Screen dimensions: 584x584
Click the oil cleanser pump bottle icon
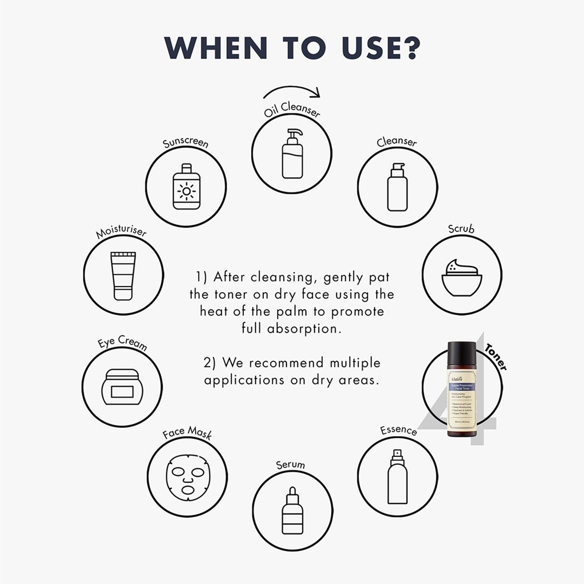point(292,154)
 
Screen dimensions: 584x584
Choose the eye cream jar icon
point(122,387)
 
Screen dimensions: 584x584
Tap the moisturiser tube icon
point(123,276)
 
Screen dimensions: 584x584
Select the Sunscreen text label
point(186,143)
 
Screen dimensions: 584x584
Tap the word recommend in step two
point(286,363)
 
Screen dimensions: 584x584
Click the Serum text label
point(290,465)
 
